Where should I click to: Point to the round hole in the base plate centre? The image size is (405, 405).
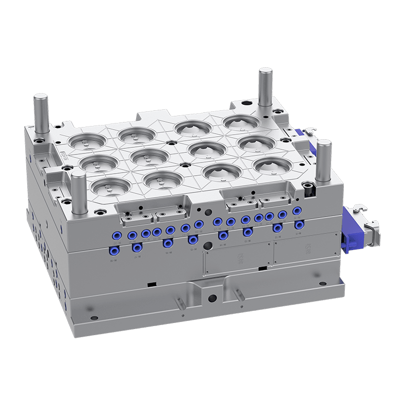coord(212,298)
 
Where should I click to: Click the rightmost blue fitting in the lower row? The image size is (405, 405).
coord(299,223)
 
